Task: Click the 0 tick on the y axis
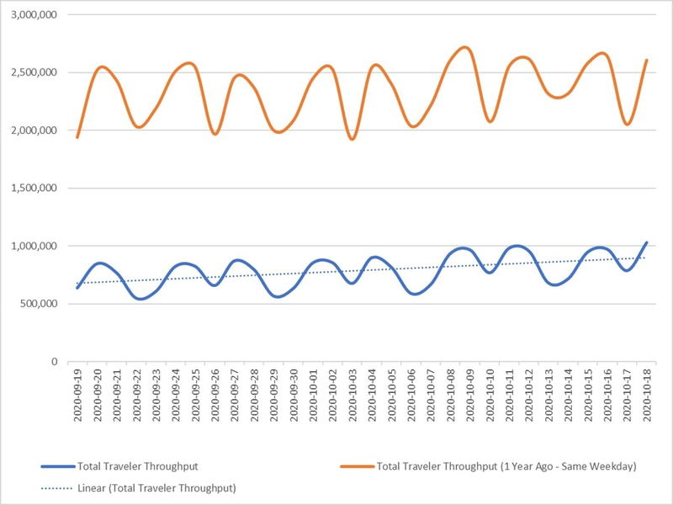53,361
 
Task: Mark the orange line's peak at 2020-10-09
466,47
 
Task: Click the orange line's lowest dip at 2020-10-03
352,139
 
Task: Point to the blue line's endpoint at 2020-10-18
646,242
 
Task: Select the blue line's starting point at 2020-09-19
77,288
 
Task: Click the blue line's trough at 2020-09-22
139,299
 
